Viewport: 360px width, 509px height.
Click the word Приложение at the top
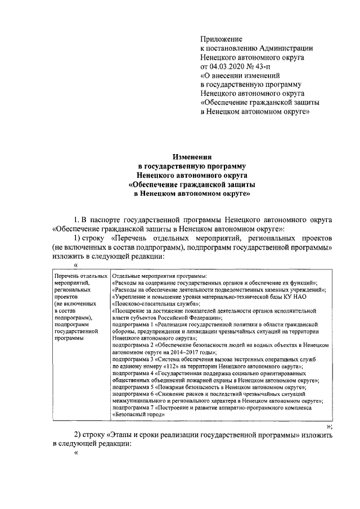221,39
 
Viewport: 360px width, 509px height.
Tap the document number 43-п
267,66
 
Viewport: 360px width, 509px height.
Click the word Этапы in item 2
128,435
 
